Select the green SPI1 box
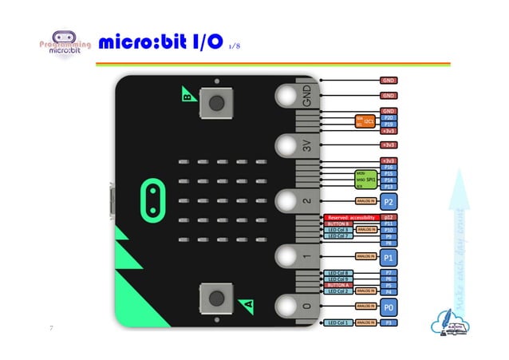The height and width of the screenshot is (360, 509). click(x=365, y=178)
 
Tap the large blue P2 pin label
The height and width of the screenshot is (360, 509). click(x=389, y=200)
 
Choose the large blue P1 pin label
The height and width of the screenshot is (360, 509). click(x=389, y=257)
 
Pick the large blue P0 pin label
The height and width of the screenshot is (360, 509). click(x=389, y=306)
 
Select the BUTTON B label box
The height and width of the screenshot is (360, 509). click(x=338, y=224)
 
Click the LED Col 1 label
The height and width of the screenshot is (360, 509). click(x=338, y=322)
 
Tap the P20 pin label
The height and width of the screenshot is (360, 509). click(x=389, y=117)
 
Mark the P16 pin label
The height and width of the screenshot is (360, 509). click(x=389, y=167)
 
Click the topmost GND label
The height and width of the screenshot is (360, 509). click(x=389, y=81)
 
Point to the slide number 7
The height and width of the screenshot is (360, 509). click(x=51, y=328)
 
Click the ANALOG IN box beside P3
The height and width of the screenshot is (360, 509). click(x=366, y=322)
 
